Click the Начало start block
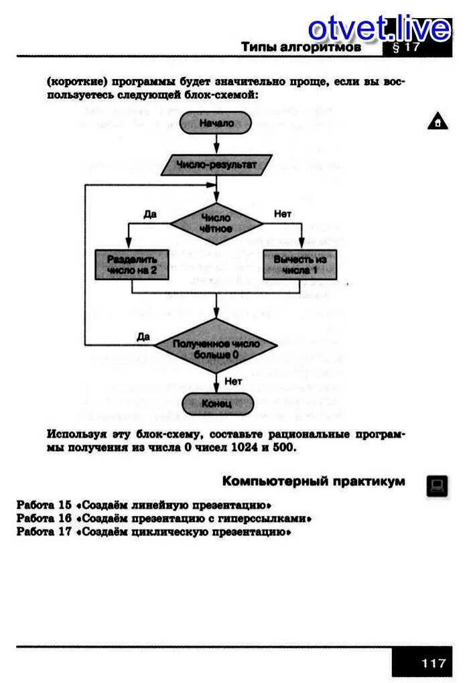click(x=216, y=123)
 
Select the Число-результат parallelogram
click(x=216, y=164)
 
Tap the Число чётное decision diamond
click(x=216, y=223)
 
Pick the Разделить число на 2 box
click(x=131, y=265)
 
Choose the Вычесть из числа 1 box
click(x=300, y=265)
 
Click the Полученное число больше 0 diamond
click(x=216, y=347)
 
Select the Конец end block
click(x=216, y=403)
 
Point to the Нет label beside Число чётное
click(x=283, y=214)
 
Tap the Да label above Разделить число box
click(x=150, y=214)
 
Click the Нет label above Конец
click(x=232, y=381)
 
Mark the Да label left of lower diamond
click(x=143, y=336)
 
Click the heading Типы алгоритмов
click(x=301, y=47)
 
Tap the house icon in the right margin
click(x=437, y=123)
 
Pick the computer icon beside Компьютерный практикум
click(x=436, y=485)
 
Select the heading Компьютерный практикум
click(x=314, y=481)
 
